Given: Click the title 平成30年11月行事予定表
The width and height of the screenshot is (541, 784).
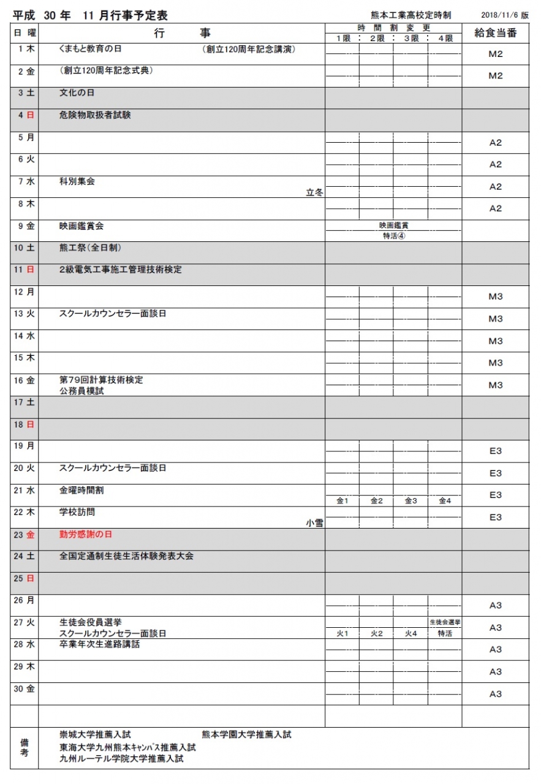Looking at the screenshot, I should pyautogui.click(x=90, y=15).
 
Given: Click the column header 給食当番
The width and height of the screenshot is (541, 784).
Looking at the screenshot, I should pyautogui.click(x=495, y=33).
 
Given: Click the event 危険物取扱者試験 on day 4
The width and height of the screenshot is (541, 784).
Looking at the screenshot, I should pyautogui.click(x=95, y=115).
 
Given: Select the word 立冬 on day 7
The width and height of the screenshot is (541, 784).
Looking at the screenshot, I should pyautogui.click(x=314, y=192).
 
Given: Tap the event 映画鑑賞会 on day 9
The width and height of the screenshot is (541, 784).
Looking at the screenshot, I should pyautogui.click(x=81, y=226).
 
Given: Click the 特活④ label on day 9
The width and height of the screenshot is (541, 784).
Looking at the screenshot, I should pyautogui.click(x=393, y=236).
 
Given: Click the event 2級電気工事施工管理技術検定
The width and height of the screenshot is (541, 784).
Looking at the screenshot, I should pyautogui.click(x=120, y=269).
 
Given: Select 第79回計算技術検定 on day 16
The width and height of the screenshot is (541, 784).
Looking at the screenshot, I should pyautogui.click(x=101, y=380).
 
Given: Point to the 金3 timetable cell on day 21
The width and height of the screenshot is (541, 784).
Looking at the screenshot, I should pyautogui.click(x=410, y=501).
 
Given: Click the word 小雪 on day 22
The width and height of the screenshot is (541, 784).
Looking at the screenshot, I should pyautogui.click(x=314, y=523).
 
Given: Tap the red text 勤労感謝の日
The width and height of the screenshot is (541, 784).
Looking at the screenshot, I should pyautogui.click(x=86, y=534).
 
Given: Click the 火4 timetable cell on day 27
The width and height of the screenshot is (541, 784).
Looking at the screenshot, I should pyautogui.click(x=410, y=633).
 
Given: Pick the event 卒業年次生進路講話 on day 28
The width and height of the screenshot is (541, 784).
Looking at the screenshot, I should pyautogui.click(x=99, y=644).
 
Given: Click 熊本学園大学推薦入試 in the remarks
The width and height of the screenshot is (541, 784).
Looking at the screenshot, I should pyautogui.click(x=246, y=734).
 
